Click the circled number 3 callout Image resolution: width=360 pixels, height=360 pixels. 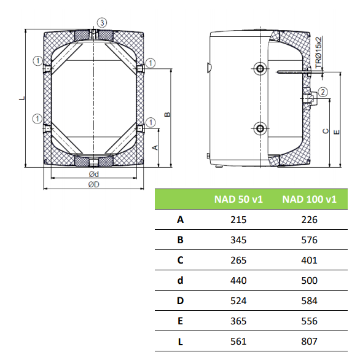[102, 23]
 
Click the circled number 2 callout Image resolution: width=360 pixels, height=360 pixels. [323, 92]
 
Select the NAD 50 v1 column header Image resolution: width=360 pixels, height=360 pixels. [238, 199]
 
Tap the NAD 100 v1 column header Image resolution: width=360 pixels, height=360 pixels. [309, 199]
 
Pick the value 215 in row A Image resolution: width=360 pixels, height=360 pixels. [238, 220]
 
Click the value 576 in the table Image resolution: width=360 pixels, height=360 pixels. [309, 240]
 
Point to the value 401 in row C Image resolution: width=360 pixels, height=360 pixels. [309, 260]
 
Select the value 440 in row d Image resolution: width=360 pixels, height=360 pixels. [238, 280]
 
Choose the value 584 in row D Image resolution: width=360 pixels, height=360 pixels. [309, 301]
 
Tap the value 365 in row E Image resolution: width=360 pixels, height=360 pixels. [238, 321]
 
